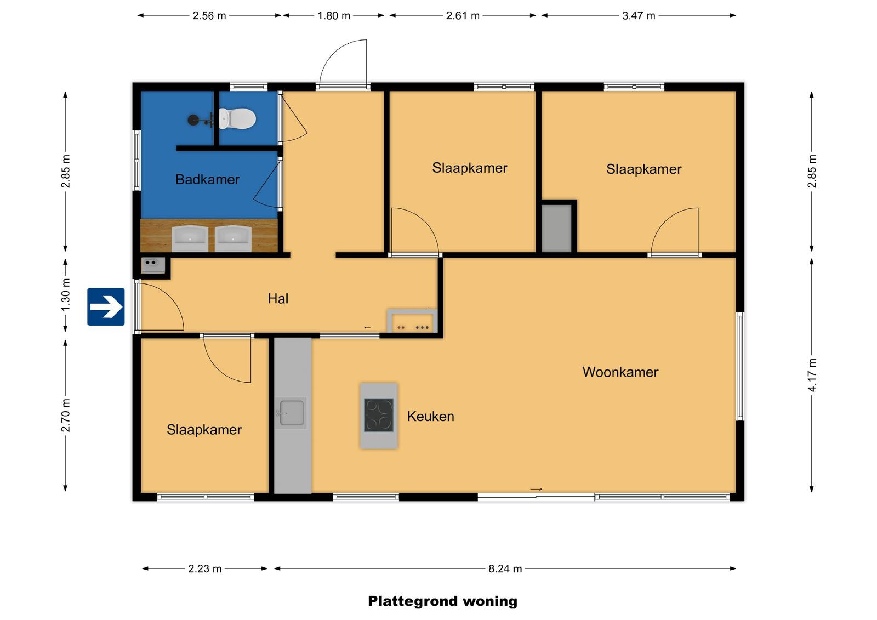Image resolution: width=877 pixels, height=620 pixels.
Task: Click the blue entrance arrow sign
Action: (x=106, y=306)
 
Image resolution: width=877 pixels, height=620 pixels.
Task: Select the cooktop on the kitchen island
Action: (x=379, y=415)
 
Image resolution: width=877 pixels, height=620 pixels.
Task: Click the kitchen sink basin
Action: (x=292, y=413)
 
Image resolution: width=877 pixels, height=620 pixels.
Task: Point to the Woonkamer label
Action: (x=620, y=372)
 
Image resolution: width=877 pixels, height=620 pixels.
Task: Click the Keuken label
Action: (x=431, y=416)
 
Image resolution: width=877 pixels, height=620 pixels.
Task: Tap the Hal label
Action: (x=278, y=299)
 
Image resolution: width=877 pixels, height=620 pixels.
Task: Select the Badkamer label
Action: (x=207, y=179)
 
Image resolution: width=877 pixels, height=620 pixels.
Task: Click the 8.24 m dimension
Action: (x=505, y=568)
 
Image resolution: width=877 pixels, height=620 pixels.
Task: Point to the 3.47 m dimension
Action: (x=639, y=16)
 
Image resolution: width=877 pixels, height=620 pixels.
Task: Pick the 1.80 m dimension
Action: (x=334, y=16)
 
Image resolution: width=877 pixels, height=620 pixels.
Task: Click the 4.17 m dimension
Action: (x=812, y=375)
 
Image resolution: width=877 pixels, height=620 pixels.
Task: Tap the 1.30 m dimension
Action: (x=66, y=295)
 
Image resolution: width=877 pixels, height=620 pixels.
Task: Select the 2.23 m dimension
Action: (x=205, y=568)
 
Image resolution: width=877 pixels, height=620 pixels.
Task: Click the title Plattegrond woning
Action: (x=442, y=601)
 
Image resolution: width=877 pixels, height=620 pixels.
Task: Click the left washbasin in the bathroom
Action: (x=190, y=238)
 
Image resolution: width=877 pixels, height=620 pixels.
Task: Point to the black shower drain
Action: (x=193, y=120)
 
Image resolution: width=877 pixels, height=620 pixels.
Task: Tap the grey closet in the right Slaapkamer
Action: (x=556, y=229)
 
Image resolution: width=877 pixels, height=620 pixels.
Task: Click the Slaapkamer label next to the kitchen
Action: (x=204, y=430)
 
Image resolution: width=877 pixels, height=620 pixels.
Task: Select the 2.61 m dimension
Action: (x=463, y=16)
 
